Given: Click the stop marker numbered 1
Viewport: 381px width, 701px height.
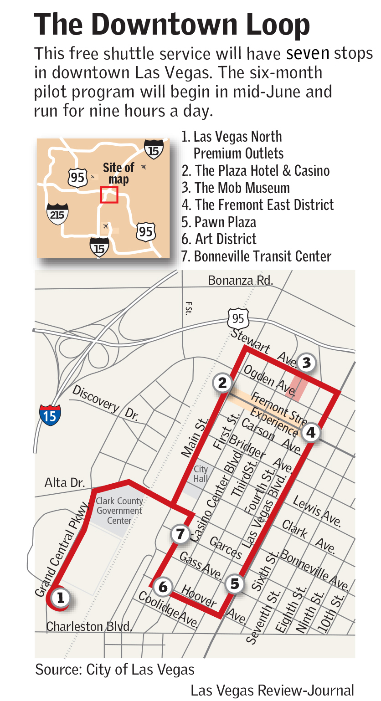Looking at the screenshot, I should click(61, 597).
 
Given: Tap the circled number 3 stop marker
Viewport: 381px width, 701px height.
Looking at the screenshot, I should click(306, 363).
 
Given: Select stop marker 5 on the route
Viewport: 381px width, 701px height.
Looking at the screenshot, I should click(235, 583).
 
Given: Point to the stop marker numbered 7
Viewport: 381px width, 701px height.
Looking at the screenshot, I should click(180, 533).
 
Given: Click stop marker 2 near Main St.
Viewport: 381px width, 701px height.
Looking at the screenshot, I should click(222, 383).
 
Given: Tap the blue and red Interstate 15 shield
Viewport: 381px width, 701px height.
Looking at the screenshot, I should click(50, 414).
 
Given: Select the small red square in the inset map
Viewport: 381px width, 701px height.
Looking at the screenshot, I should click(109, 195).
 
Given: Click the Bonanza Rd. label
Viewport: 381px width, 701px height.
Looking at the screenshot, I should click(240, 280).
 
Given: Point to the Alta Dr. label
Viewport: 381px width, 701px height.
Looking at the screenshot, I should click(65, 483).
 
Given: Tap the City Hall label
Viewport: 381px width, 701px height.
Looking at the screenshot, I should click(201, 474).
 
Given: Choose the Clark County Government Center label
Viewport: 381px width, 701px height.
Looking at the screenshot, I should click(119, 511).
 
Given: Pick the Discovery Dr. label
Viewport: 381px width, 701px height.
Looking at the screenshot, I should click(105, 403).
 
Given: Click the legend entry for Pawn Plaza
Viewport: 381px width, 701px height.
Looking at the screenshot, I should click(220, 222).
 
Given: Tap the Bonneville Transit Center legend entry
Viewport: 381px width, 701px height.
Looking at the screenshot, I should click(257, 256).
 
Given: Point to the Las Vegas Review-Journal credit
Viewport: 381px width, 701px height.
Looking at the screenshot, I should click(272, 690).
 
